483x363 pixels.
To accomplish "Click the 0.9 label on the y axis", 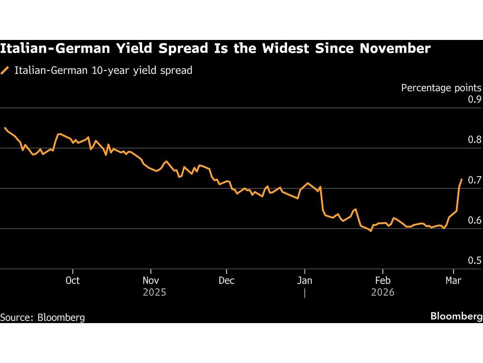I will tap(474, 100).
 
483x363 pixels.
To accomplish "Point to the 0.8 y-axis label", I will tap(474, 140).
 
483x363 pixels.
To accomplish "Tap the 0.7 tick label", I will tap(474, 180).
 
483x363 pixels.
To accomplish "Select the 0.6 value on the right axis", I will tap(474, 220).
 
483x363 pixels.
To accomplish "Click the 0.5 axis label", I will tap(474, 260).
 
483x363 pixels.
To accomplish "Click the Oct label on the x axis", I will tap(72, 280).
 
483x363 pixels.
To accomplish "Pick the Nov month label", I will tap(151, 280).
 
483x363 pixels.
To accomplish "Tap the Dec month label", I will tap(227, 280).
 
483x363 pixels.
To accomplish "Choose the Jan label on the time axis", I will tap(305, 280).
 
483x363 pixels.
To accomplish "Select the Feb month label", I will tap(382, 280).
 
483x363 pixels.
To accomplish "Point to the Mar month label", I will tap(454, 280).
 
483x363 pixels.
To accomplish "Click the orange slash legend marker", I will tap(5, 71).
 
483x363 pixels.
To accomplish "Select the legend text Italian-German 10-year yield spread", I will tap(103, 71).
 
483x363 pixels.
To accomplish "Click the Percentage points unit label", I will tap(441, 88).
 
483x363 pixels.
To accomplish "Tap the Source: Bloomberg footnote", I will tap(43, 317).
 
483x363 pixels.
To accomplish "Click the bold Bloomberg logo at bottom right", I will tap(456, 316).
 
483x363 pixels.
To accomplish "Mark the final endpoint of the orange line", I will tap(461, 179).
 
